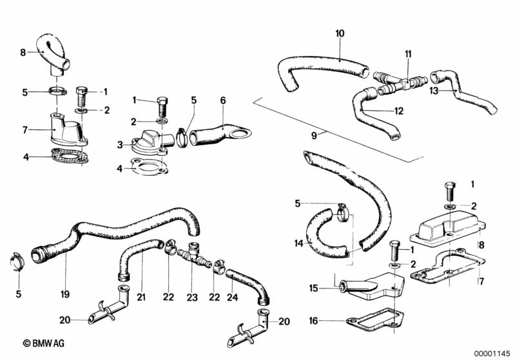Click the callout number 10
pyautogui.click(x=340, y=33)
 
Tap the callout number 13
pyautogui.click(x=434, y=91)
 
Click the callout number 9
pyautogui.click(x=314, y=135)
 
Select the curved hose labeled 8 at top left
pyautogui.click(x=53, y=52)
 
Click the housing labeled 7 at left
pyautogui.click(x=67, y=129)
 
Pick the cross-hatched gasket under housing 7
pyautogui.click(x=68, y=157)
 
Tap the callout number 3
pyautogui.click(x=120, y=144)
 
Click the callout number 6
pyautogui.click(x=223, y=100)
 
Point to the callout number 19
pyautogui.click(x=65, y=294)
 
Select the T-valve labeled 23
pyautogui.click(x=193, y=255)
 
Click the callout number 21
pyautogui.click(x=141, y=297)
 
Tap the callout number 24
pyautogui.click(x=232, y=297)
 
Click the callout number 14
pyautogui.click(x=298, y=243)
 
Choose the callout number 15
pyautogui.click(x=314, y=288)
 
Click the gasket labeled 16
pyautogui.click(x=374, y=319)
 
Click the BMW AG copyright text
pyautogui.click(x=43, y=343)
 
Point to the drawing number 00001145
pyautogui.click(x=492, y=354)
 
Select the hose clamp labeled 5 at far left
pyautogui.click(x=15, y=262)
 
